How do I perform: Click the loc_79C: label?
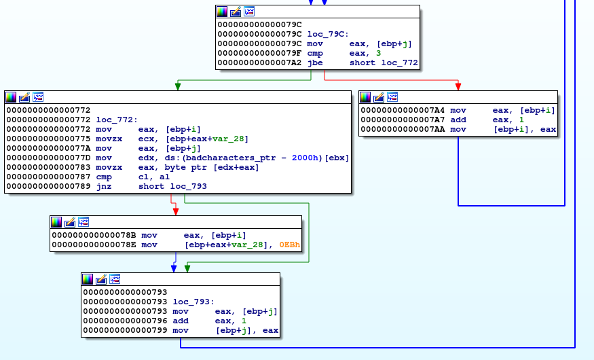(328, 34)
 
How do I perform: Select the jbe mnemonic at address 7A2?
(315, 62)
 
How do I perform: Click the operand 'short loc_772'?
(384, 62)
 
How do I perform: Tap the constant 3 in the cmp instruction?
(378, 53)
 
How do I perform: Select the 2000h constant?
(305, 158)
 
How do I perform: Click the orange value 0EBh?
(290, 245)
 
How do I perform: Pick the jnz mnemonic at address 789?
(104, 186)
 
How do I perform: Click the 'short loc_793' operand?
(172, 186)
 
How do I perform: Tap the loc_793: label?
(193, 302)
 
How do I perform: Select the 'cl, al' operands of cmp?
(154, 177)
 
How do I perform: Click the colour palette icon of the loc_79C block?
(222, 12)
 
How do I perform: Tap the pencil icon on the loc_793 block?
(101, 279)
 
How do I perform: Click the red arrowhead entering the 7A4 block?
(458, 86)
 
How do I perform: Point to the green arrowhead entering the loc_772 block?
(178, 86)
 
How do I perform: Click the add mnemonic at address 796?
(181, 321)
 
